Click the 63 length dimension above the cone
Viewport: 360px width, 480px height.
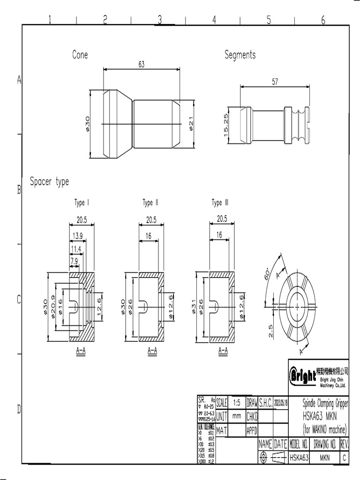tap(141, 65)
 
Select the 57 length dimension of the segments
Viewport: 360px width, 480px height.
tap(275, 82)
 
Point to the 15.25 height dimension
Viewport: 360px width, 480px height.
tap(226, 126)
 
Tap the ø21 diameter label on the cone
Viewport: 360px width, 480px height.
tap(190, 125)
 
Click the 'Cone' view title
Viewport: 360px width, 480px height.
tap(80, 55)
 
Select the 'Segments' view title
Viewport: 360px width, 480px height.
tap(240, 55)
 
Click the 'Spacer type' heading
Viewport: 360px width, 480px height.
tap(49, 181)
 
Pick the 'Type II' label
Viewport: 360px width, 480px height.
tap(150, 203)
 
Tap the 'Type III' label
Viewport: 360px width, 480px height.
tap(220, 203)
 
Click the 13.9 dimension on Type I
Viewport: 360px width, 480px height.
tap(78, 235)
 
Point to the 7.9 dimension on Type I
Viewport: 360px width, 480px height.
tap(74, 261)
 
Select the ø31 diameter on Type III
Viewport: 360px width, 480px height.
tap(194, 307)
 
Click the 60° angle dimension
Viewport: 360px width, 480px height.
tap(268, 273)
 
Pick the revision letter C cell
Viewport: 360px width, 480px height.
tap(345, 457)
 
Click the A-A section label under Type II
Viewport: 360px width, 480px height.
tap(152, 350)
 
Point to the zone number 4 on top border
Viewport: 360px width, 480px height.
tap(214, 19)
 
